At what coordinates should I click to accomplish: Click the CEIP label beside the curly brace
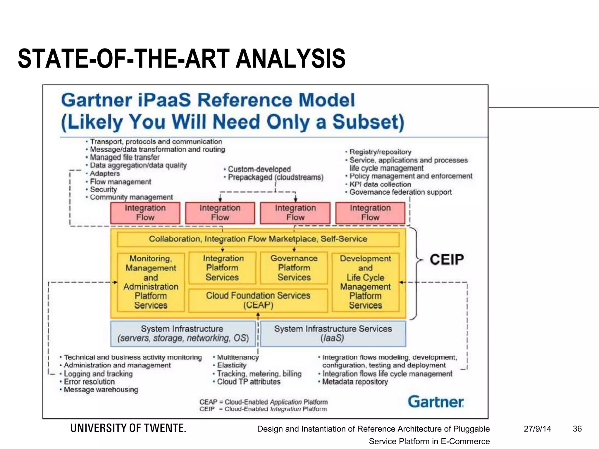pos(447,260)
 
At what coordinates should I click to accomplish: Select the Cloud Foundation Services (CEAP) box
pos(258,300)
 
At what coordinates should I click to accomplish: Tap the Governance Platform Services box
pos(294,267)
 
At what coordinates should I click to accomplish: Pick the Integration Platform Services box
pos(222,267)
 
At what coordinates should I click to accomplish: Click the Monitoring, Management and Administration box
pos(151,282)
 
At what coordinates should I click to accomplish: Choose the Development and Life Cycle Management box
pos(365,282)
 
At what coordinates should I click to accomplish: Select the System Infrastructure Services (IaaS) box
pos(333,334)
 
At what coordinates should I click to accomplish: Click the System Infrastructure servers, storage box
pos(183,334)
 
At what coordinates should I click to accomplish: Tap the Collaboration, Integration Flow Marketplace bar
pos(258,239)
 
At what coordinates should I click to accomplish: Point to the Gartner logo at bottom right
pos(436,402)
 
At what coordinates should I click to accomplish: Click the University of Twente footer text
pos(128,428)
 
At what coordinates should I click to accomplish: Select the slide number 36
pos(577,429)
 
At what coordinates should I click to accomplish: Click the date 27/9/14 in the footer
pos(537,429)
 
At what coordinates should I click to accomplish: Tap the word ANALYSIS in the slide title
pos(290,59)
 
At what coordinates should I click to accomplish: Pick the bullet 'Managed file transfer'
pos(125,157)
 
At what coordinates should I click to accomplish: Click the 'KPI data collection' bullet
pos(380,184)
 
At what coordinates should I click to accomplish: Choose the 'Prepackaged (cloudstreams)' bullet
pos(276,177)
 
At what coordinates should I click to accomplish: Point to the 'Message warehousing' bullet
pos(101,390)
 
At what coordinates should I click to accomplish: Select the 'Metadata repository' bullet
pos(355,382)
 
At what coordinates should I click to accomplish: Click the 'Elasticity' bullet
pos(232,365)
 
